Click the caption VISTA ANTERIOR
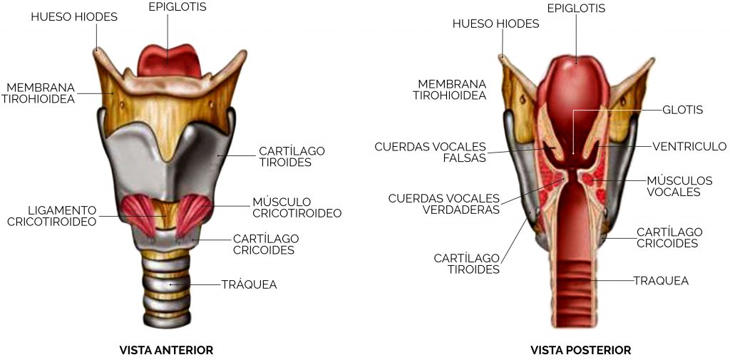[x=166, y=350]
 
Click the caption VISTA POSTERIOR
[x=580, y=350]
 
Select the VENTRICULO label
[x=689, y=147]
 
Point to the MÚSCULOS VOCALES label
[x=679, y=186]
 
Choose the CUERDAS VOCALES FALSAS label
[x=430, y=153]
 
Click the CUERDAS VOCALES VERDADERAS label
[x=443, y=204]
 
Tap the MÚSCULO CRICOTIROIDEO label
[x=297, y=207]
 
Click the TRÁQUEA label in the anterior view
[x=249, y=284]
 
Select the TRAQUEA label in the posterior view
[x=661, y=280]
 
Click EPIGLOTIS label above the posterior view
[x=576, y=9]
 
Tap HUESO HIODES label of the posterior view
[x=496, y=24]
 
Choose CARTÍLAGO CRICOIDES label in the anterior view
[x=266, y=244]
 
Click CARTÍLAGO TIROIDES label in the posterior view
[x=466, y=264]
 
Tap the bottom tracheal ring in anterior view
[x=167, y=319]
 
